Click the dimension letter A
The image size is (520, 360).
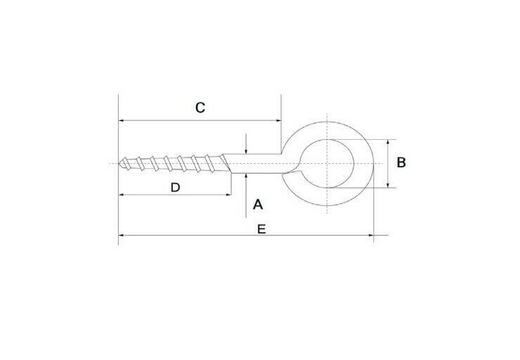tap(257, 205)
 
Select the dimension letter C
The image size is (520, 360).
tap(200, 108)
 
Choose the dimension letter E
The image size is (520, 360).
tap(261, 229)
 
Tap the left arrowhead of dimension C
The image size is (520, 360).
tap(122, 120)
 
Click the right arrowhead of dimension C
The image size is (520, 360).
tap(278, 120)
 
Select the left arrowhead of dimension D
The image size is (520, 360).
tap(122, 194)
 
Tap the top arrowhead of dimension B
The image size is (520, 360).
tap(388, 141)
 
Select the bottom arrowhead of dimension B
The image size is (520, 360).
tap(388, 186)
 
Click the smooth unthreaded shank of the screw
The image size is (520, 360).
tap(256, 163)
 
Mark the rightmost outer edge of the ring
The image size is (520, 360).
tap(372, 164)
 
